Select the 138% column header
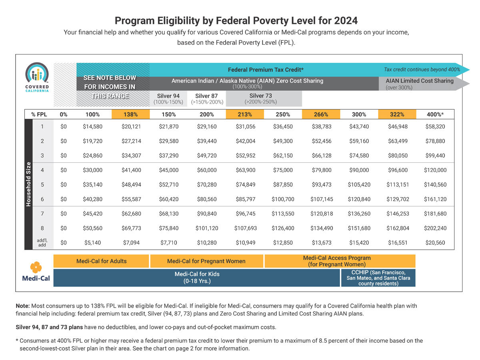tap(131, 114)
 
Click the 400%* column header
tap(435, 114)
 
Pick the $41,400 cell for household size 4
tap(131, 170)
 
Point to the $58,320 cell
tap(435, 126)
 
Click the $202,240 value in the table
tap(435, 228)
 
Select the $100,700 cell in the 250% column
tap(283, 199)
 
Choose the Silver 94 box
tap(168, 98)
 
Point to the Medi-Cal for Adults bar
tap(101, 261)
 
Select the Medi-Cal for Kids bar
tap(197, 277)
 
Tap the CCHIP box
tap(378, 278)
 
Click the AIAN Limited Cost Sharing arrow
tap(420, 84)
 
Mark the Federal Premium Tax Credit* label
tap(265, 69)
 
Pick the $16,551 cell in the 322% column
tap(397, 242)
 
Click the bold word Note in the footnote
tap(22, 306)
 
